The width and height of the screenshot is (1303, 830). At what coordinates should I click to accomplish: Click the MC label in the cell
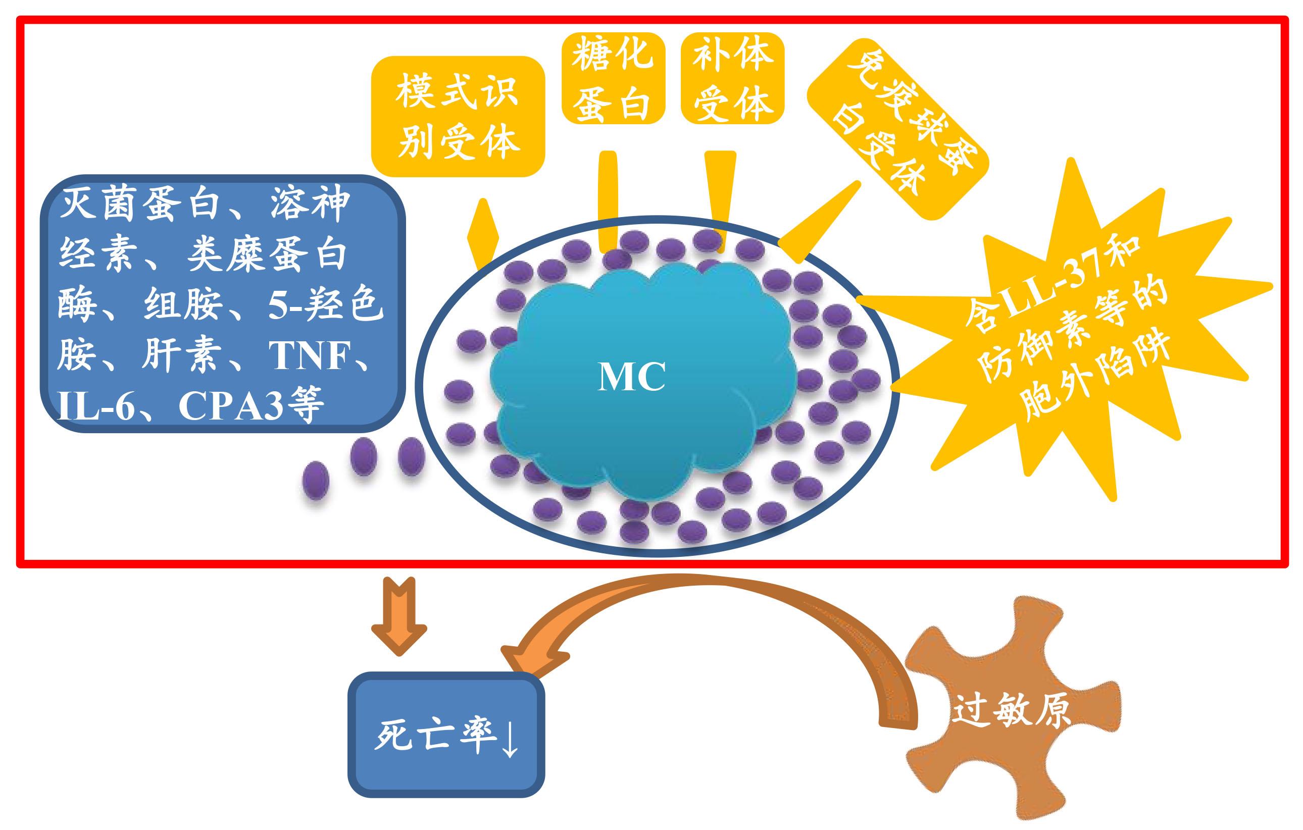click(x=631, y=377)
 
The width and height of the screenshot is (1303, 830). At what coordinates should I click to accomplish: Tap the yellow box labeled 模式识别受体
click(x=458, y=116)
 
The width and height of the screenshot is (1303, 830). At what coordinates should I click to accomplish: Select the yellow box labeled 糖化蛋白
click(x=613, y=78)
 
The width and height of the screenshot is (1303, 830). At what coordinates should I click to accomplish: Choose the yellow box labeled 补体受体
click(x=733, y=78)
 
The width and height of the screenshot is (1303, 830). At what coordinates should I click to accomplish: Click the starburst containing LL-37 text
click(x=1077, y=330)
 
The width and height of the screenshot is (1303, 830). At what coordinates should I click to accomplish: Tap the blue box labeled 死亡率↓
click(x=446, y=735)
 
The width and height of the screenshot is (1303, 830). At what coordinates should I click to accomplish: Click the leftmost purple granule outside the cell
click(x=316, y=480)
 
